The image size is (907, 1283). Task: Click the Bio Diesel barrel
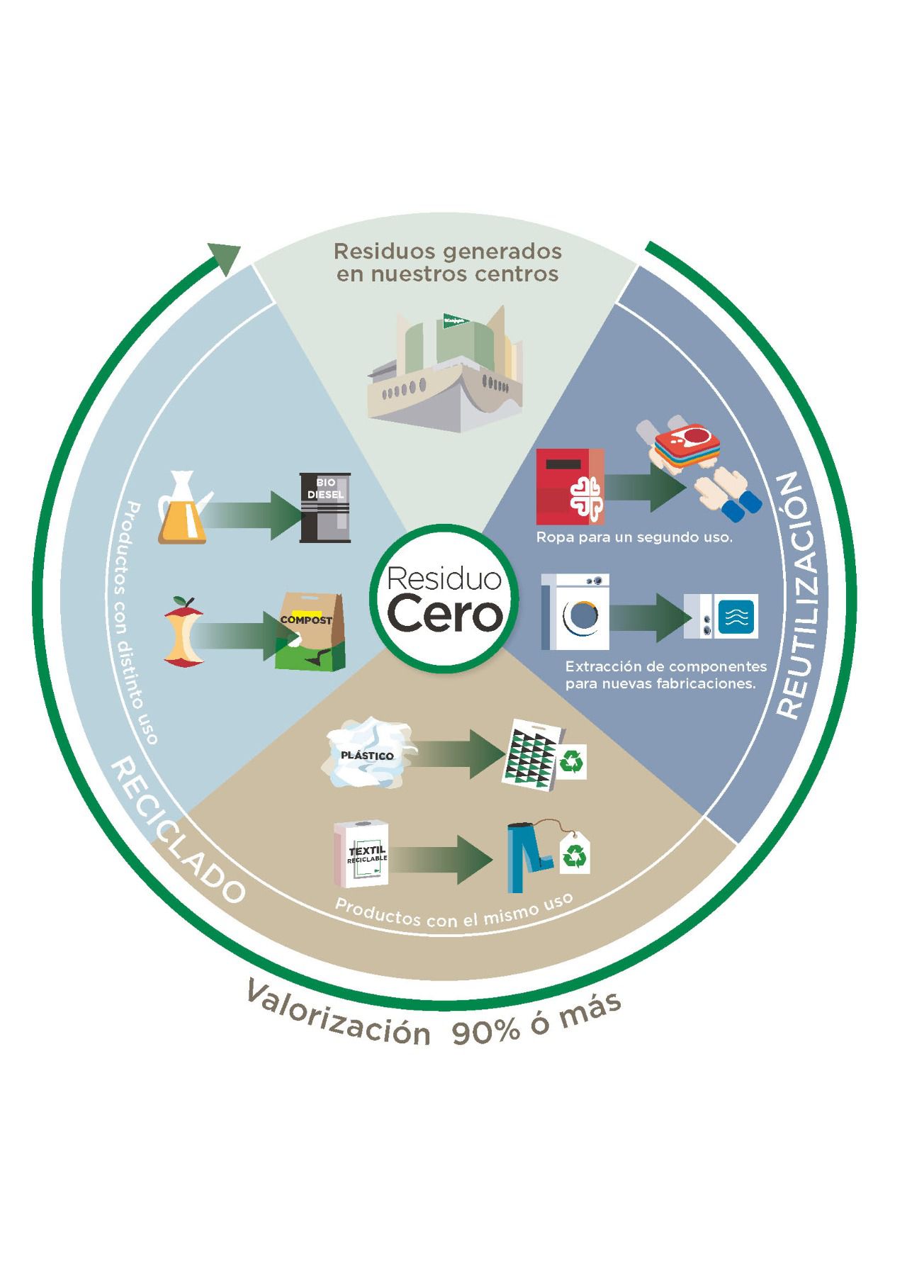[325, 508]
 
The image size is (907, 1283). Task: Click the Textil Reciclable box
[362, 854]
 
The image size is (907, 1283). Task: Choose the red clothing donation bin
[570, 486]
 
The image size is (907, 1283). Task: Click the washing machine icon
[575, 612]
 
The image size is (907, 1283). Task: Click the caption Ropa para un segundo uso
[633, 537]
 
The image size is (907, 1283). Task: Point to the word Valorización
[339, 1013]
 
